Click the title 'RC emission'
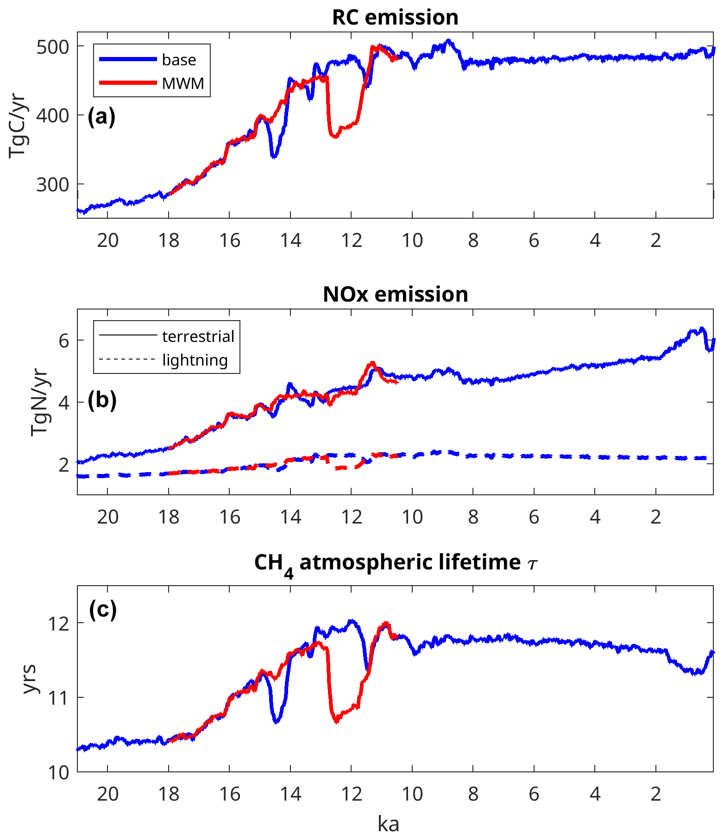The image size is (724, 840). [395, 18]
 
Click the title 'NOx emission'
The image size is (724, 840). [395, 294]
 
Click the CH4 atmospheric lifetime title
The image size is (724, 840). [395, 563]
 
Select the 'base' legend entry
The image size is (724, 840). [179, 60]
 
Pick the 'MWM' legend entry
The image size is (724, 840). [183, 83]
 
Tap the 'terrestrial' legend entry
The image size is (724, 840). [198, 336]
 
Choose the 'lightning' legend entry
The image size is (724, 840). [195, 360]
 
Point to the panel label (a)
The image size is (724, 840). [101, 116]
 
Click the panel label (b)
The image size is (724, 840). [102, 399]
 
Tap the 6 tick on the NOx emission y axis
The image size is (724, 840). [64, 341]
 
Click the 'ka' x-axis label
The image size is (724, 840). [388, 824]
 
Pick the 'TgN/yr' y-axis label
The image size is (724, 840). [39, 403]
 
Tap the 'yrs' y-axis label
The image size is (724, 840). [30, 679]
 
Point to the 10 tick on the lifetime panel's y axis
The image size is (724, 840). [58, 772]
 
